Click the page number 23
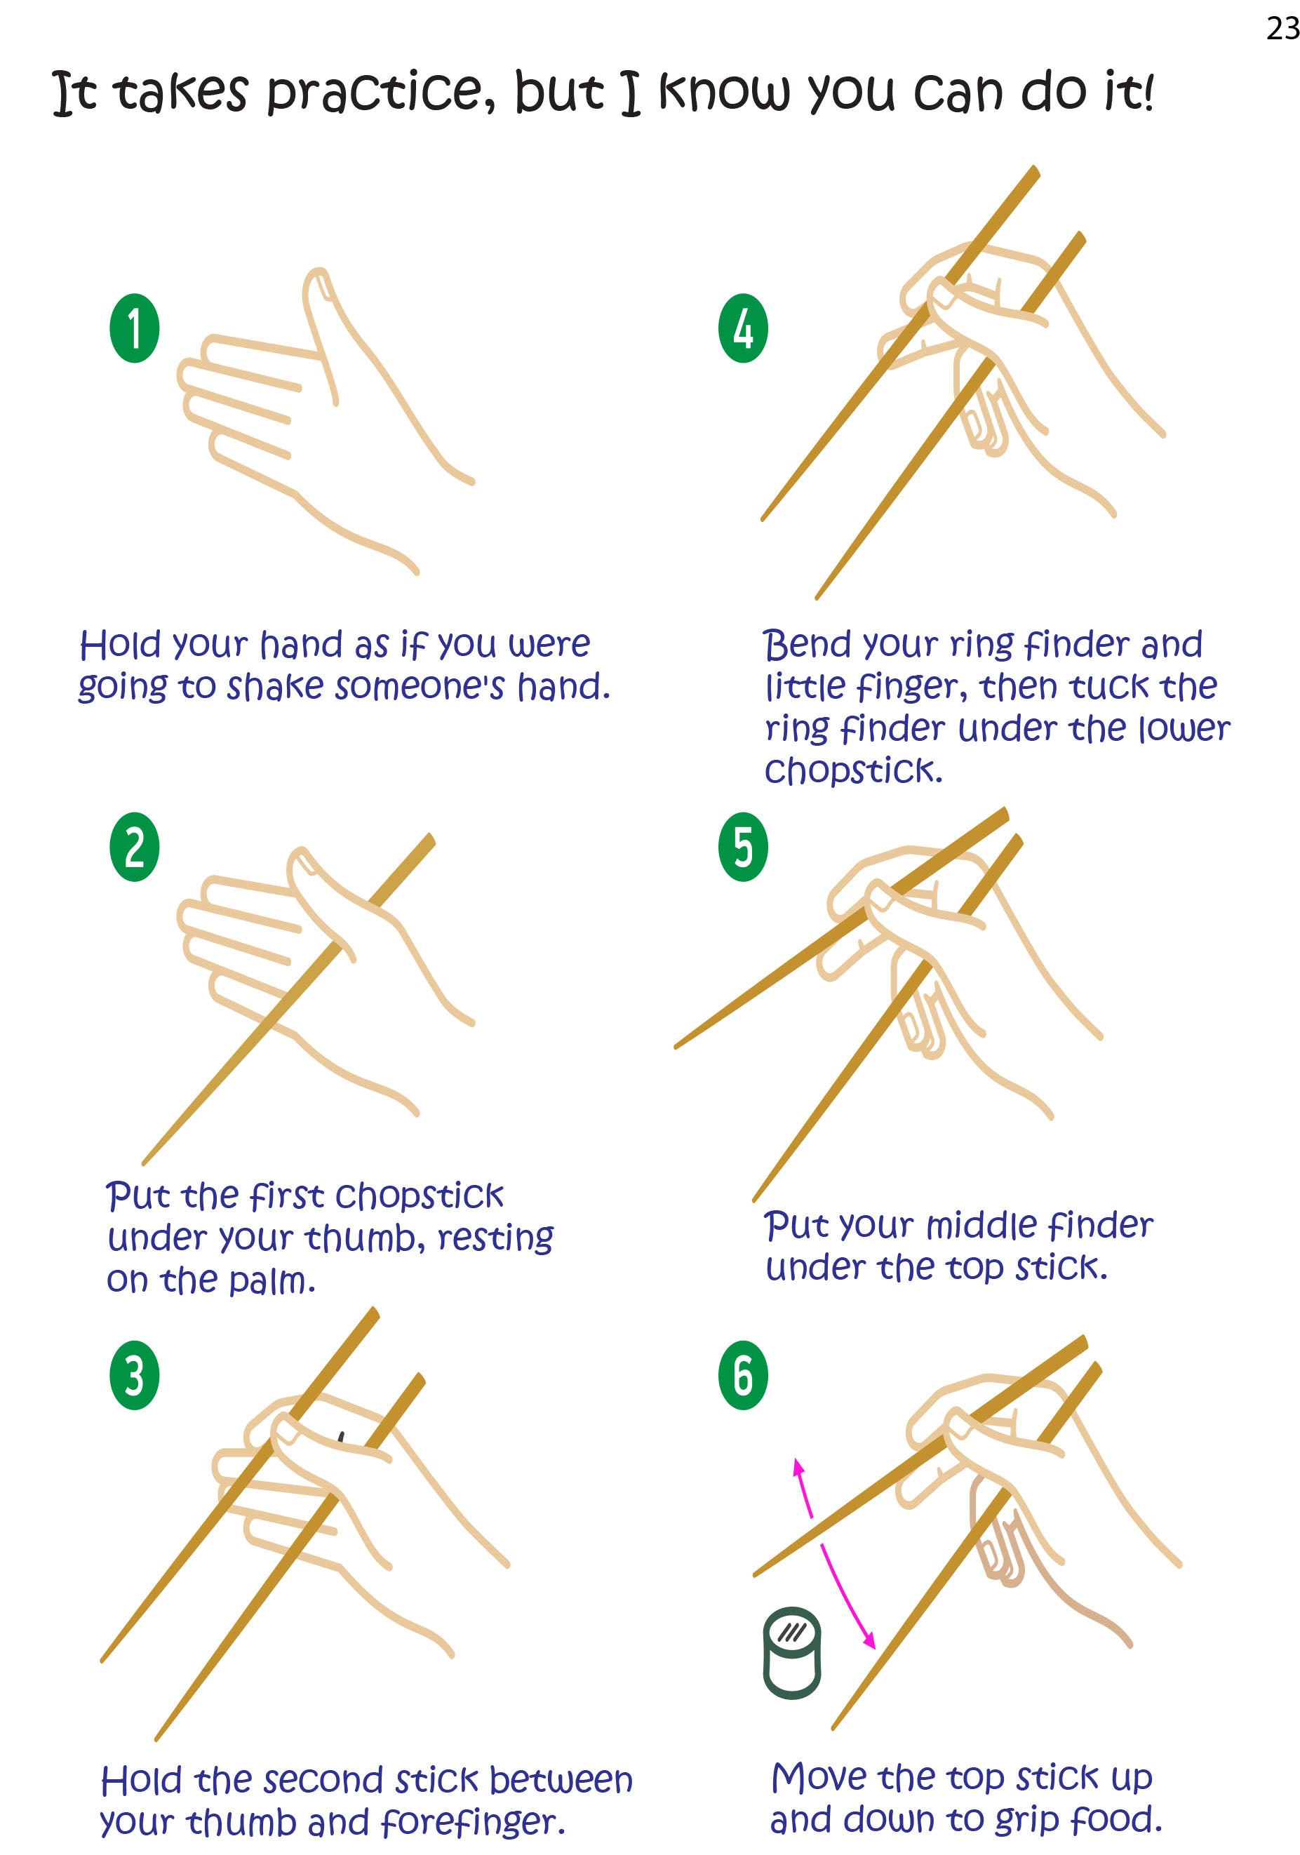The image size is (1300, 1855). click(1282, 28)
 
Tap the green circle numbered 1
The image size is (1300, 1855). click(134, 328)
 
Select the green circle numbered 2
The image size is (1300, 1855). click(134, 847)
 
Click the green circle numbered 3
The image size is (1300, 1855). click(134, 1376)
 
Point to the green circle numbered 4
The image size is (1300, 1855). click(742, 328)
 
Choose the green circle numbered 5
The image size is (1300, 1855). click(742, 847)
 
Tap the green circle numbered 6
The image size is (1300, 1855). click(742, 1376)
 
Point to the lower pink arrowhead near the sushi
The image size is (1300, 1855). click(869, 1640)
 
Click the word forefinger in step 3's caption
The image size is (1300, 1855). click(472, 1822)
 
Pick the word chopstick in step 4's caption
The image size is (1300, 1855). click(853, 771)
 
